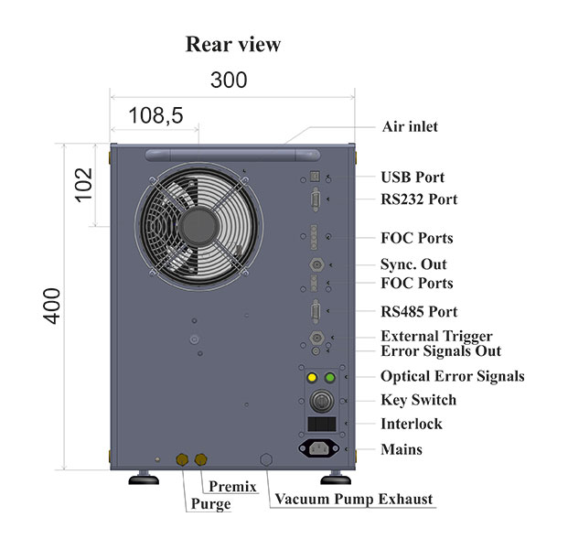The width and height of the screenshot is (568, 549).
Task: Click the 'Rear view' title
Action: [232, 44]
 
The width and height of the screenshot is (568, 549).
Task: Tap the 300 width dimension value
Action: [228, 80]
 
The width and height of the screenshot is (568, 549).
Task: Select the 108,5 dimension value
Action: [155, 115]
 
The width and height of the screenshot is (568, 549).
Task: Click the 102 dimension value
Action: [81, 186]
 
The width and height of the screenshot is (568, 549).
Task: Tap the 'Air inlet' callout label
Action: [409, 126]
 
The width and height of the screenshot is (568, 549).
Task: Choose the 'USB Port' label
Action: [412, 177]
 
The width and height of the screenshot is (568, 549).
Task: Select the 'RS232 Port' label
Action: [419, 199]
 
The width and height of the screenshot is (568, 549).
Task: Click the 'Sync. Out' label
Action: [413, 264]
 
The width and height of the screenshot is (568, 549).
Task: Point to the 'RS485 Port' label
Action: [419, 311]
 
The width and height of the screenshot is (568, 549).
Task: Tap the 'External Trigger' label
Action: [436, 336]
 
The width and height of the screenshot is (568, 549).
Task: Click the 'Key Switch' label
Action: [418, 400]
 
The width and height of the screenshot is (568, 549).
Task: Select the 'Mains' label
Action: [402, 449]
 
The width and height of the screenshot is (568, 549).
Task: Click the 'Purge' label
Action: [211, 503]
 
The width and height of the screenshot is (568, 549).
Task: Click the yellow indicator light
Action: [312, 377]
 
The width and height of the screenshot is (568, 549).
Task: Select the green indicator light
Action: [329, 377]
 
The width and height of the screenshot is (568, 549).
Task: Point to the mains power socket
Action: [319, 448]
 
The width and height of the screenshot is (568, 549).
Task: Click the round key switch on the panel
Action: [321, 401]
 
